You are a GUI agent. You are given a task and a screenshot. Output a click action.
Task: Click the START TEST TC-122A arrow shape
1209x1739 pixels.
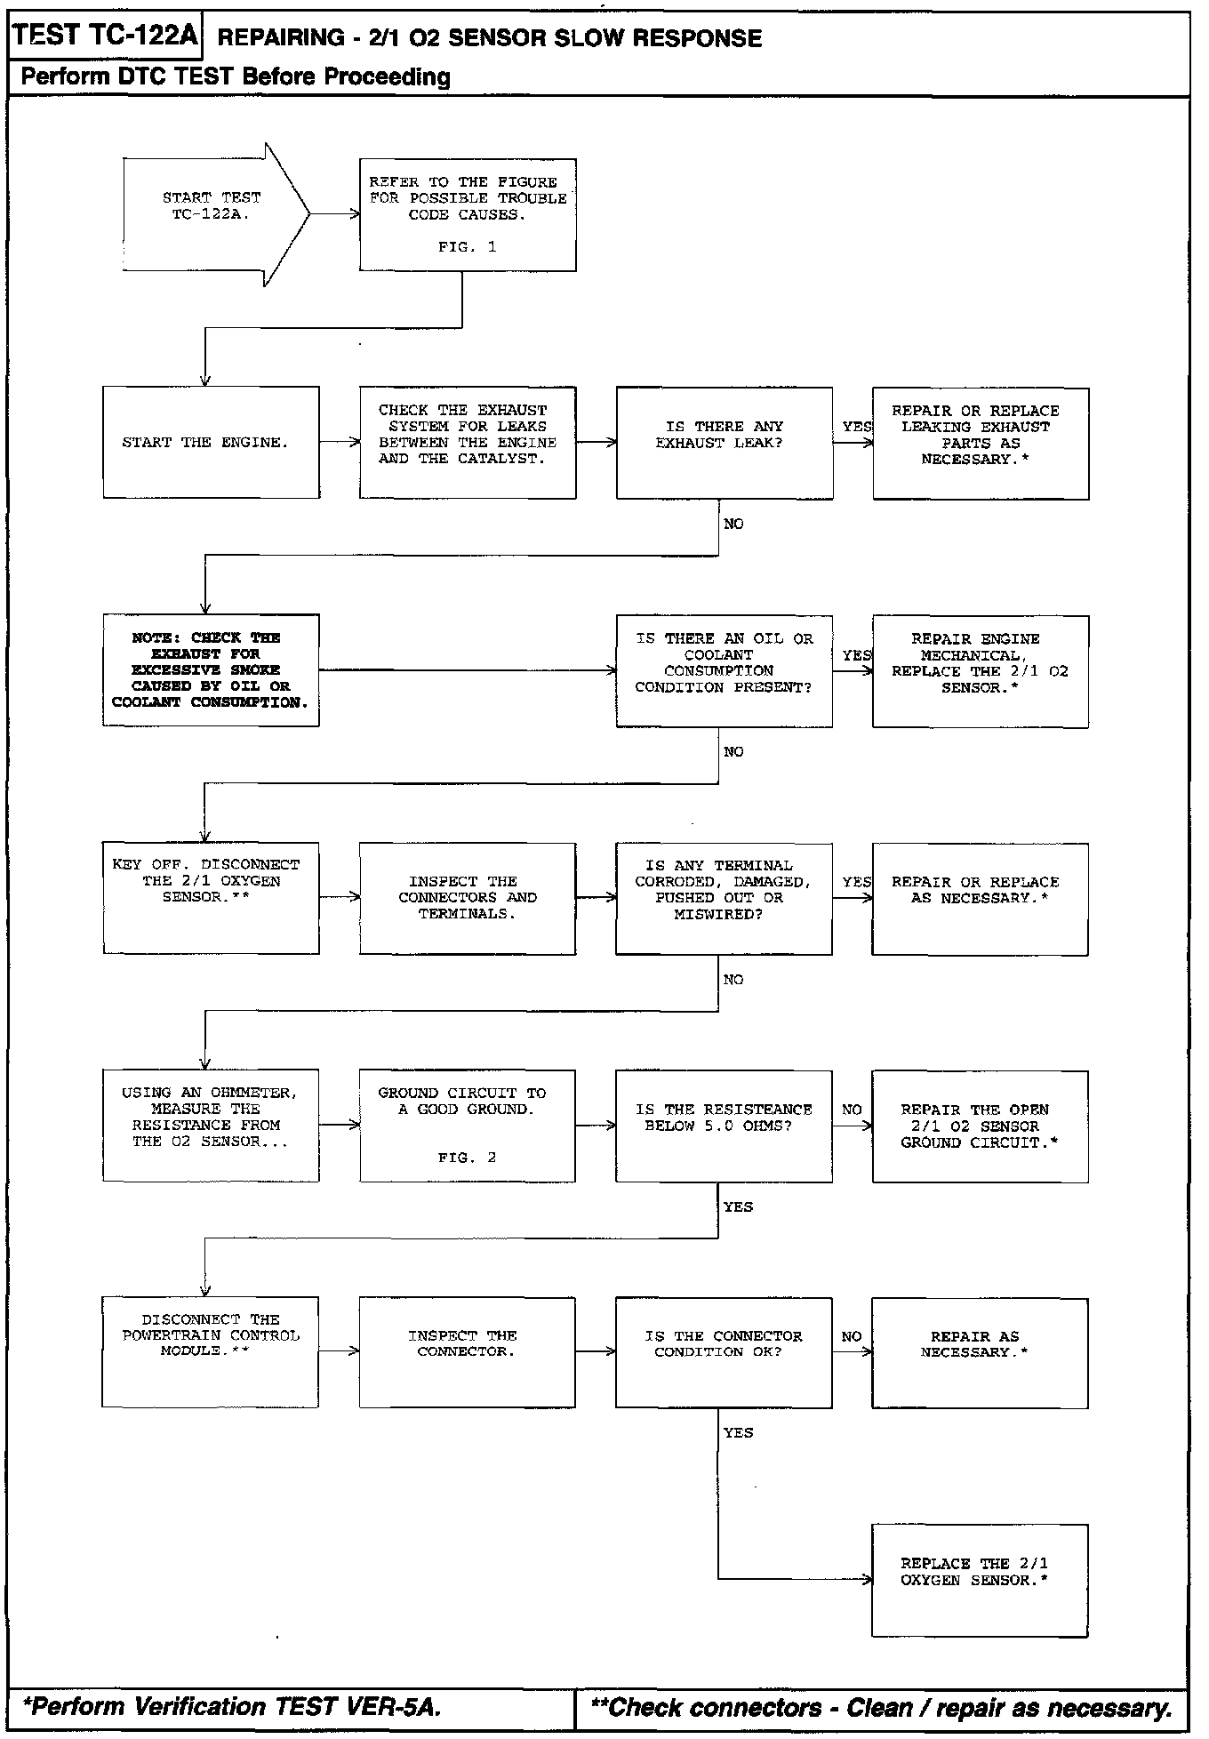[213, 214]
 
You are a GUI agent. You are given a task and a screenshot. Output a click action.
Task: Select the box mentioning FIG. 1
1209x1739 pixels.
[468, 214]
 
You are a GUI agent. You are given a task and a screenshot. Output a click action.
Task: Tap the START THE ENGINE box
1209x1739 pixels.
[211, 442]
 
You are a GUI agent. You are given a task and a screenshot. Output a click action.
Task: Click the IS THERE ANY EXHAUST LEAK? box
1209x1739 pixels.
[725, 442]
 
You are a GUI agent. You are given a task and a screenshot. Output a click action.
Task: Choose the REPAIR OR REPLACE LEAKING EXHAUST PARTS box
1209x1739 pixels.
[981, 443]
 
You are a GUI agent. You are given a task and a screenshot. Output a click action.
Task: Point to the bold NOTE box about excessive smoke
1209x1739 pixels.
[211, 669]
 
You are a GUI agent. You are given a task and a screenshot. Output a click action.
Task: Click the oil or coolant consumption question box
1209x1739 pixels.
[725, 670]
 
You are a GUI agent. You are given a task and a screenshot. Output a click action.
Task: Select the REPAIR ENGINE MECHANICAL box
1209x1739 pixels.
[981, 671]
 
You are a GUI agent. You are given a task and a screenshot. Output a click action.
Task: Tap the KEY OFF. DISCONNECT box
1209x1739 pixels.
[211, 898]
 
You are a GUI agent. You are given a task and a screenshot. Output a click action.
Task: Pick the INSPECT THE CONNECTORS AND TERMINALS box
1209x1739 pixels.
[468, 898]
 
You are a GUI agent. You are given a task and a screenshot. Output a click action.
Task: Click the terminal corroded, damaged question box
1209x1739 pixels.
[725, 898]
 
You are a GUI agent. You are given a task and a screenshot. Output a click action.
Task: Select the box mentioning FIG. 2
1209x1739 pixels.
[468, 1126]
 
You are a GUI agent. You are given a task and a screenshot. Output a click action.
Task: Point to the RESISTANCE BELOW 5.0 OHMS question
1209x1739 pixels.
[725, 1126]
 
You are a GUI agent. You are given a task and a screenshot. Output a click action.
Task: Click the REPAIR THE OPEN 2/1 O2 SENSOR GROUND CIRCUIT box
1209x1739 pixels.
[981, 1126]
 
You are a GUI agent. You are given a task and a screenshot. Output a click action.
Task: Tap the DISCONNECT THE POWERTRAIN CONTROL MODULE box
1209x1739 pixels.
[211, 1352]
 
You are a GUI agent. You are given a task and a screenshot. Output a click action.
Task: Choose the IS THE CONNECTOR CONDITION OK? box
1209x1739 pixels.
[725, 1352]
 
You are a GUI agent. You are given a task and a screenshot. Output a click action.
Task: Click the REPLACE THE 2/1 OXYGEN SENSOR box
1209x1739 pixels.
[980, 1580]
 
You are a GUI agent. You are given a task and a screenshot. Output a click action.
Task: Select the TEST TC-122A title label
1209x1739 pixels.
[105, 36]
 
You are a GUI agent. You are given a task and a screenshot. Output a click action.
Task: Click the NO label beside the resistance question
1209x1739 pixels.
[852, 1110]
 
